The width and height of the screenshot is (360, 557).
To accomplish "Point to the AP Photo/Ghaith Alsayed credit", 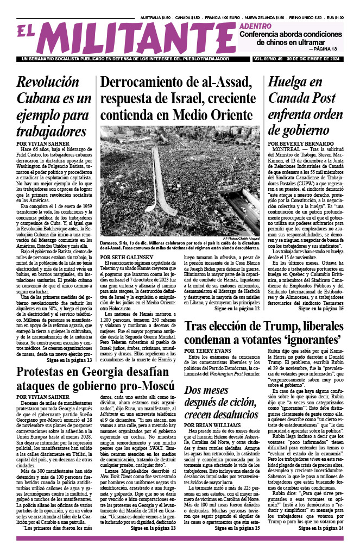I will tap(239, 238).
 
